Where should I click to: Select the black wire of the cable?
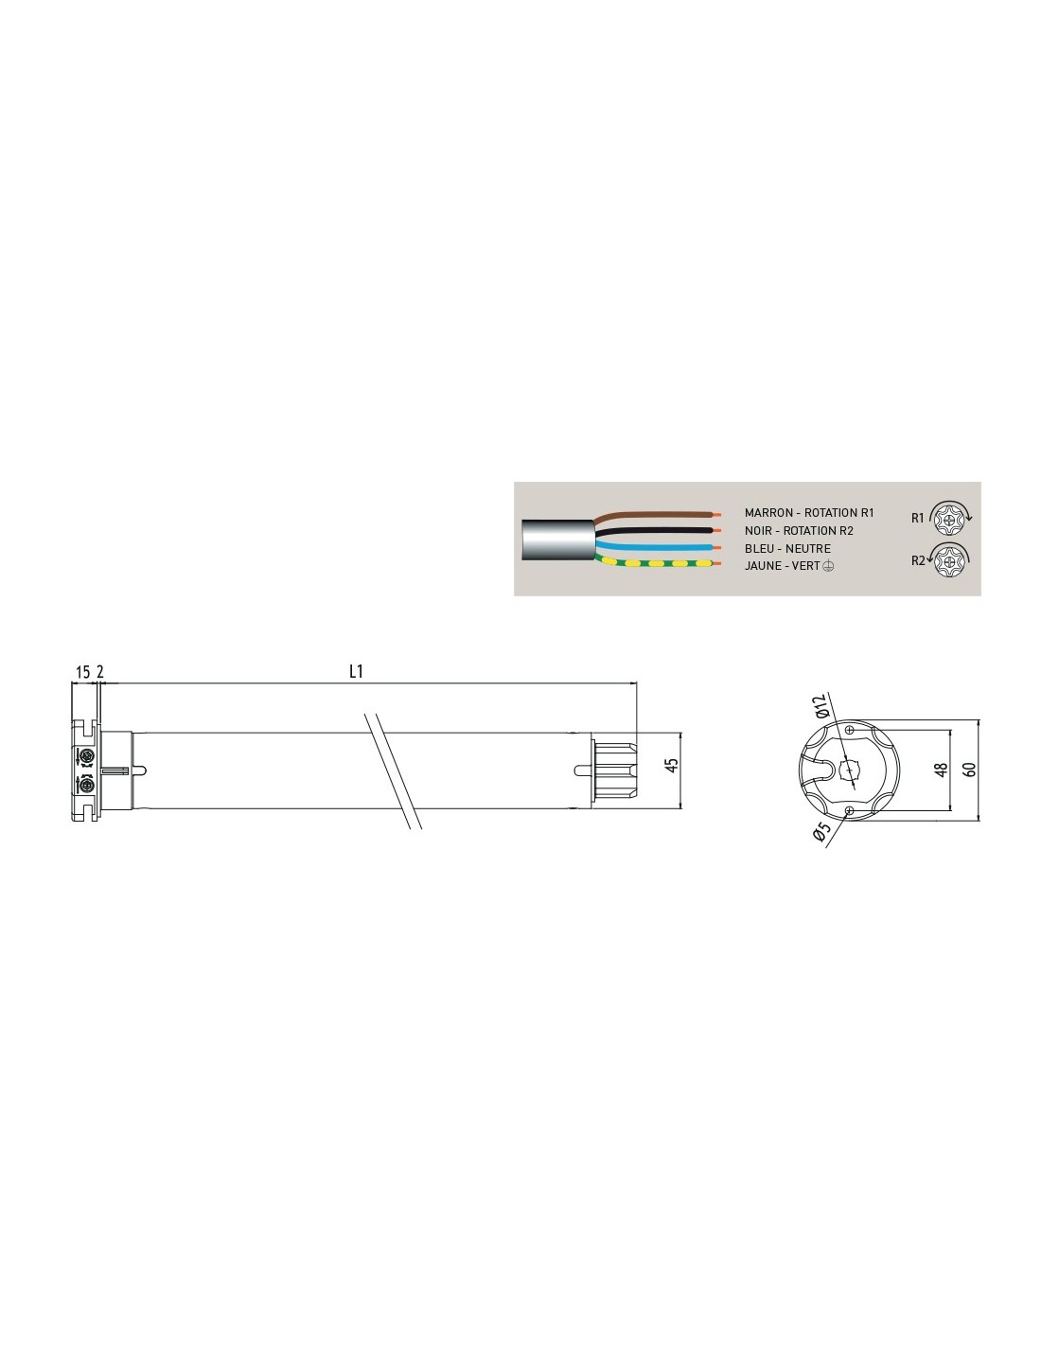coord(657,531)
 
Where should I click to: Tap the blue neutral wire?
coord(657,547)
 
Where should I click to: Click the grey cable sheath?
coord(557,540)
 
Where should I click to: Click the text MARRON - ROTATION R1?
coord(809,513)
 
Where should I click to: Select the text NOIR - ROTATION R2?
coord(799,531)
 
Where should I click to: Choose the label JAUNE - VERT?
coord(782,566)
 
